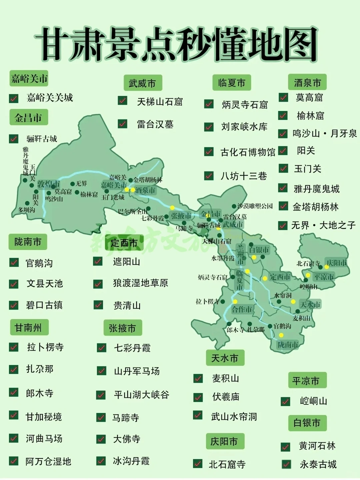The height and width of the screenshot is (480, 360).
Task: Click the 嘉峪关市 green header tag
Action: (x=29, y=79)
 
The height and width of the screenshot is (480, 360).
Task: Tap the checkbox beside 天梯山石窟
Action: (x=122, y=101)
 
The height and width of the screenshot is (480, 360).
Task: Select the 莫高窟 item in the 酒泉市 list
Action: (x=309, y=97)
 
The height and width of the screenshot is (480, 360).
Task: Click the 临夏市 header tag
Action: (x=232, y=83)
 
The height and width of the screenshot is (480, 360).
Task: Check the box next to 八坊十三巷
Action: (x=209, y=176)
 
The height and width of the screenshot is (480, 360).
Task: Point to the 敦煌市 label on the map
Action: (x=48, y=184)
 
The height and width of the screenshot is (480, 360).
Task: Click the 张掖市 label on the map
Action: (x=181, y=216)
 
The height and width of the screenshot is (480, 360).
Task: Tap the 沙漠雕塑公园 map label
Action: (x=255, y=206)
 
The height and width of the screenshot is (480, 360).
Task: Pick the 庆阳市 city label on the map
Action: (x=337, y=263)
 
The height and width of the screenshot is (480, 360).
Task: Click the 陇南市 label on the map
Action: (x=288, y=344)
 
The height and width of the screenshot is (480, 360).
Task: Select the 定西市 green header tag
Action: (x=124, y=243)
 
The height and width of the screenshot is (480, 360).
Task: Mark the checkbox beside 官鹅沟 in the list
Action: (x=14, y=262)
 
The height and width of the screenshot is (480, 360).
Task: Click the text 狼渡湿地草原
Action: (x=140, y=283)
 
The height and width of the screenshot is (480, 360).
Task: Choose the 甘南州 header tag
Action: (x=29, y=327)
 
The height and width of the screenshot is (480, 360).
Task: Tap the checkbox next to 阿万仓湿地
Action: (x=14, y=461)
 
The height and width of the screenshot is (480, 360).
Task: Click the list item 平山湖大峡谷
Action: (x=141, y=395)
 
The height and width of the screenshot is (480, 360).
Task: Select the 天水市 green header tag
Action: (x=225, y=358)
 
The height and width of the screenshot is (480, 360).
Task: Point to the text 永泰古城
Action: (x=318, y=464)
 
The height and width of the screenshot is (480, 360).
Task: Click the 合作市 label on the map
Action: (x=242, y=309)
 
